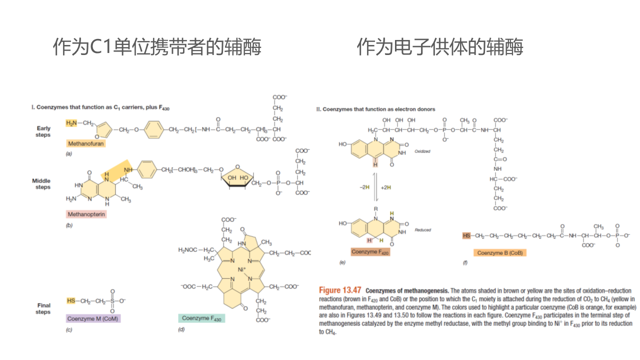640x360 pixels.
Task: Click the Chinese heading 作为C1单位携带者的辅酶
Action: [157, 47]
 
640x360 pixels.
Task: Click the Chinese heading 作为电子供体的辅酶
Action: [440, 47]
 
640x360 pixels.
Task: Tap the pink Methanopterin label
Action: [87, 214]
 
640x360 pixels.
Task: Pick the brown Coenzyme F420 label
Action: [370, 252]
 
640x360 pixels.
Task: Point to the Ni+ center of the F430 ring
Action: [242, 269]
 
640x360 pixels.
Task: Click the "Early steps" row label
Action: [43, 131]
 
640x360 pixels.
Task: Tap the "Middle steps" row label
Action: [41, 184]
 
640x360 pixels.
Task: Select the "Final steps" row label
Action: [44, 308]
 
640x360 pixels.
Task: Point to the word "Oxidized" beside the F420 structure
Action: [422, 151]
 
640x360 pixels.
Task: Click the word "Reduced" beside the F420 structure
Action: [422, 230]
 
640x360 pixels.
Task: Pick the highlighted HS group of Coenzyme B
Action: [466, 235]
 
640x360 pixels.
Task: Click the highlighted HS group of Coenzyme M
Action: [71, 300]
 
